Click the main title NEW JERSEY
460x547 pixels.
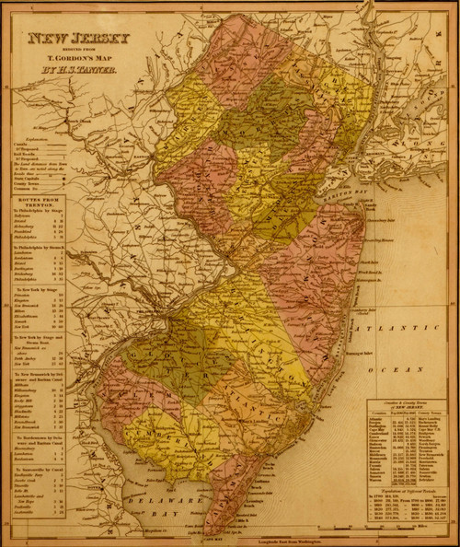tap(78, 40)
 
